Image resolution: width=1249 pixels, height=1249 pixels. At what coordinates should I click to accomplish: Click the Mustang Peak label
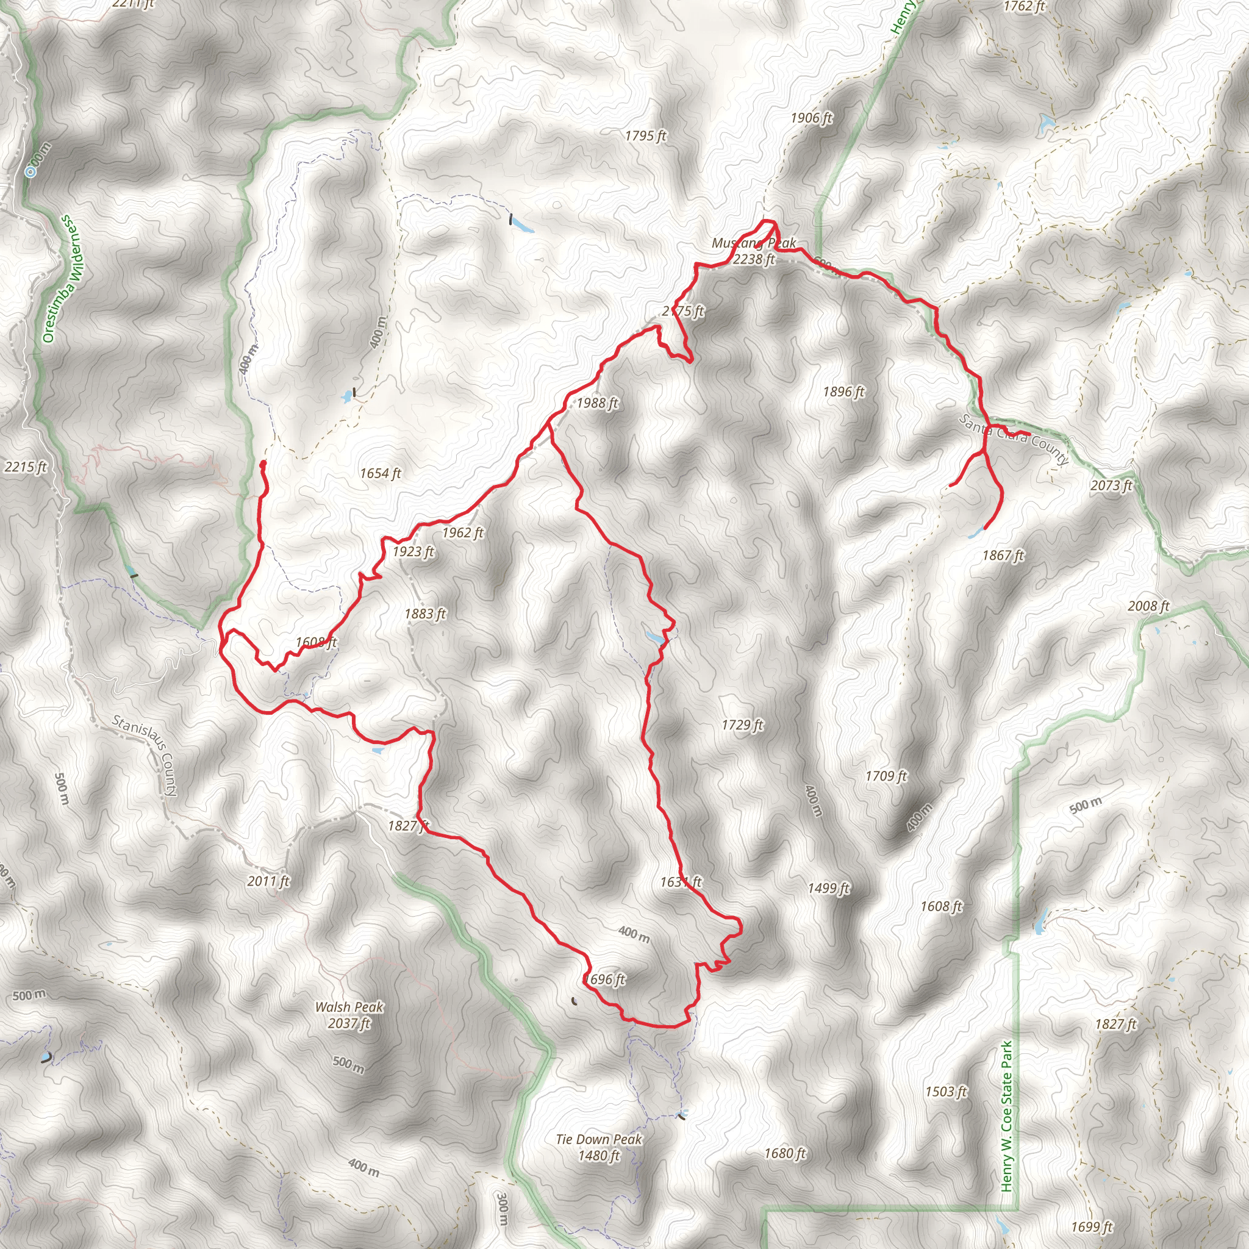pos(753,251)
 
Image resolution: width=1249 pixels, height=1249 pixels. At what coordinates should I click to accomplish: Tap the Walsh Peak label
pos(348,1014)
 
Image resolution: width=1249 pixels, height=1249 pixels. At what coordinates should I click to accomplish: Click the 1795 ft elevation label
pos(645,136)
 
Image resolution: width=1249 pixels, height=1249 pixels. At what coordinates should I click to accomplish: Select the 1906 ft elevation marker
pos(811,118)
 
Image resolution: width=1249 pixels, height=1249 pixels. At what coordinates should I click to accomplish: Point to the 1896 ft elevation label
pos(843,392)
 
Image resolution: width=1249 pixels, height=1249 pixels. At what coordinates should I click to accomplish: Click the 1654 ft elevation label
pos(380,473)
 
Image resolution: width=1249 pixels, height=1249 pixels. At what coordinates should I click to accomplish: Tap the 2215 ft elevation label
pos(25,466)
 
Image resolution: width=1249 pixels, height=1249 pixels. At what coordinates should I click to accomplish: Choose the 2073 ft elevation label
pos(1111,485)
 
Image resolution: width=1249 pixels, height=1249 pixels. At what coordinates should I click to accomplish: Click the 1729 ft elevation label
pos(742,725)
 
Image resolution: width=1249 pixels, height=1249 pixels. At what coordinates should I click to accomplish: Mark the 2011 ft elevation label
pos(268,881)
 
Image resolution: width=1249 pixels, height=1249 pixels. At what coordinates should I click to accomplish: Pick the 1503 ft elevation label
pos(946,1091)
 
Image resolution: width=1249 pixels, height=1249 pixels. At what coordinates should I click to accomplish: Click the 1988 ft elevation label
pos(596,403)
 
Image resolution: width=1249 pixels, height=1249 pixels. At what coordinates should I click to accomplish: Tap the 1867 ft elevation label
pos(1003,555)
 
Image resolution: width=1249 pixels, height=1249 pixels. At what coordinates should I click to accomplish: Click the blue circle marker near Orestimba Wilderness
pos(30,171)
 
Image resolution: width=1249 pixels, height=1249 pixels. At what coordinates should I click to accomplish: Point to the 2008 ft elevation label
pos(1148,606)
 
